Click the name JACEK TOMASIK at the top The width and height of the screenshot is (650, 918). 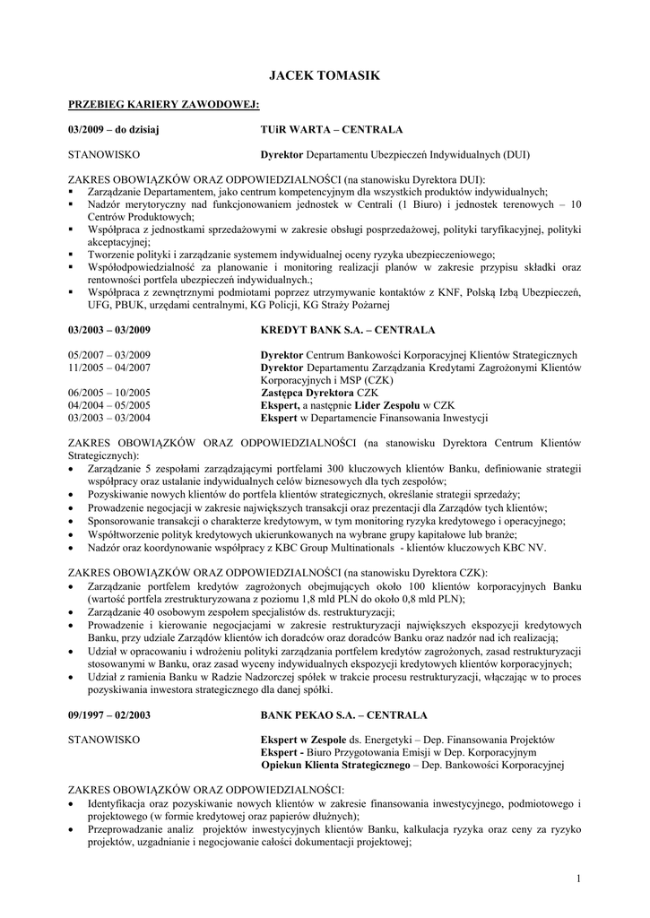pyautogui.click(x=325, y=78)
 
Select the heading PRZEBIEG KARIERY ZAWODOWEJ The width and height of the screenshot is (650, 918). pyautogui.click(x=164, y=106)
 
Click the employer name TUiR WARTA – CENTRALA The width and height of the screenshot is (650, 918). pyautogui.click(x=331, y=130)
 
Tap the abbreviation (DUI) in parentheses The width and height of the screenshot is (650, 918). pyautogui.click(x=516, y=154)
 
